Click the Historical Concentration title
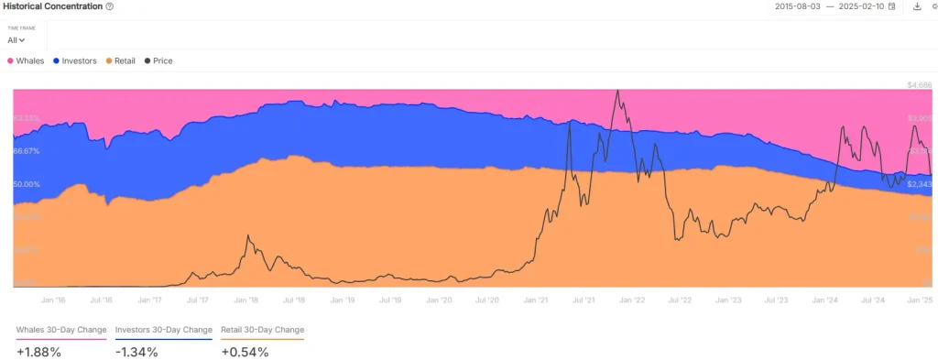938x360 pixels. click(x=51, y=6)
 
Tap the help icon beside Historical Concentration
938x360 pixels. click(x=110, y=6)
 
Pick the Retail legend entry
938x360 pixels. click(x=121, y=61)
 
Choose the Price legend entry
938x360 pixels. click(x=158, y=61)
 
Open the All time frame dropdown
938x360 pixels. click(x=16, y=40)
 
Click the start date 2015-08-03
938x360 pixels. click(x=796, y=6)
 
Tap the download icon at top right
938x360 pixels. click(x=917, y=6)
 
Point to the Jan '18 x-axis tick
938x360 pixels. click(x=246, y=300)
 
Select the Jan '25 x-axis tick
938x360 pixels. click(x=919, y=300)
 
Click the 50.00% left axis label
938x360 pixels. click(x=27, y=184)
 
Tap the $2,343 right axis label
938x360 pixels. click(x=919, y=184)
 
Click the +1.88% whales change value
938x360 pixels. click(x=38, y=352)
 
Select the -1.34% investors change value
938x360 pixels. click(x=136, y=352)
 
